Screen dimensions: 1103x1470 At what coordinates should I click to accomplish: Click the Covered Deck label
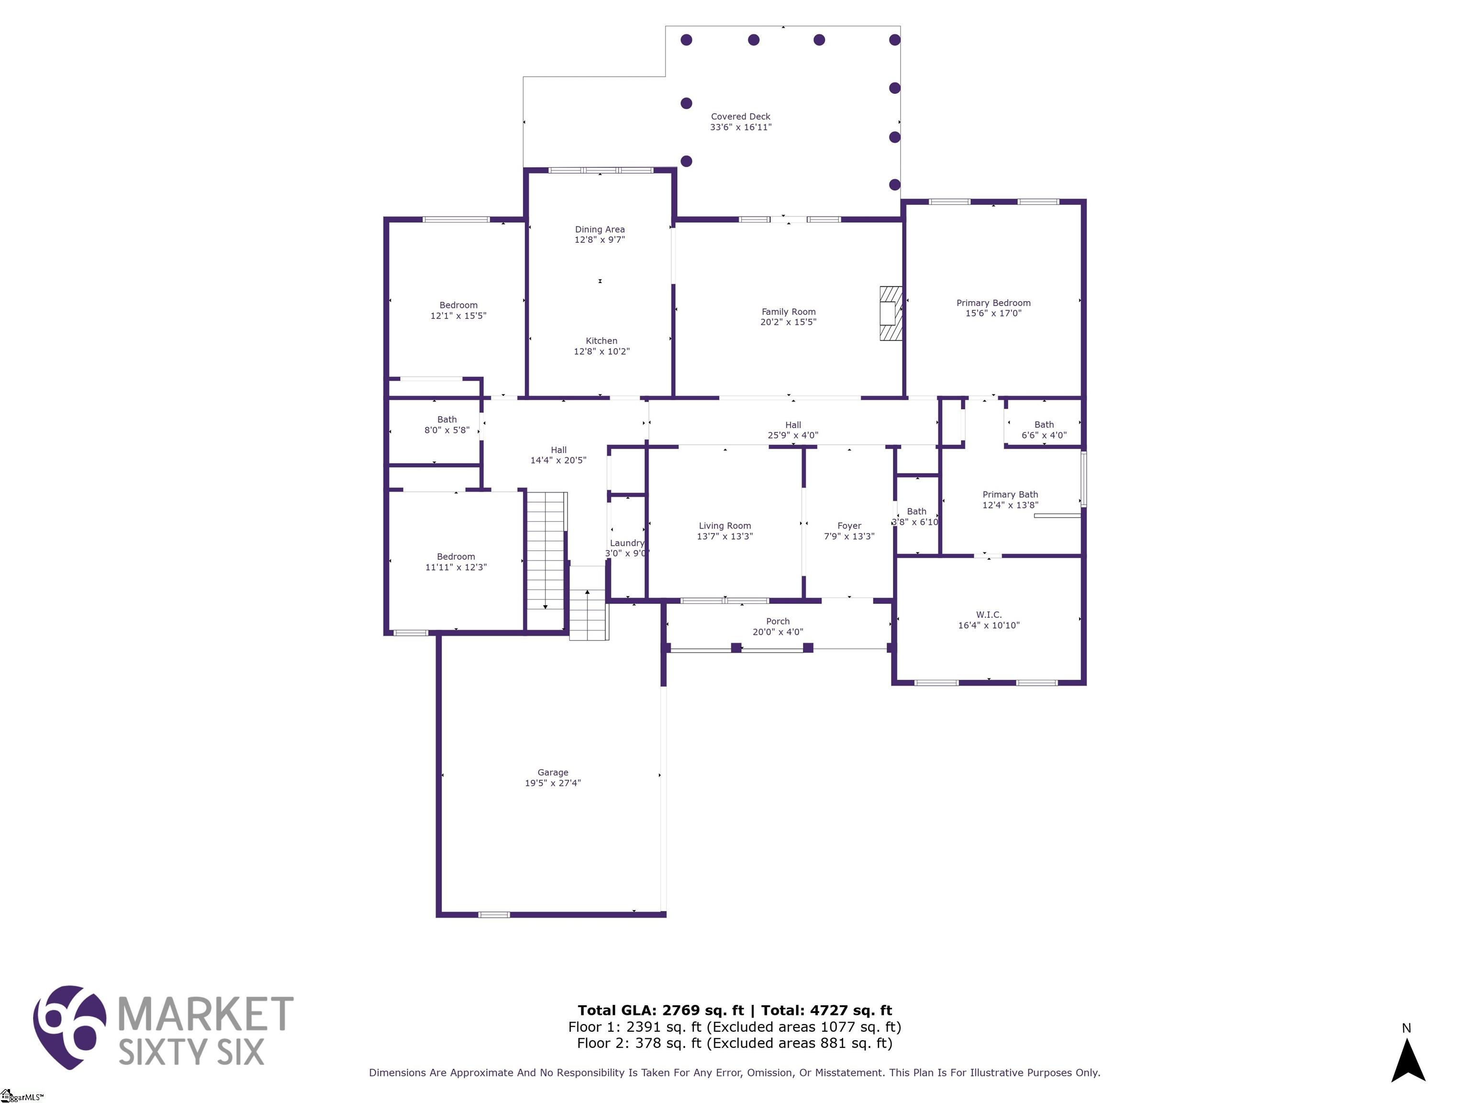(x=740, y=116)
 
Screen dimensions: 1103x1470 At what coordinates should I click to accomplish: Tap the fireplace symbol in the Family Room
(x=890, y=313)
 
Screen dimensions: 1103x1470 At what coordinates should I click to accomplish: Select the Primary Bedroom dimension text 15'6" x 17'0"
(x=993, y=313)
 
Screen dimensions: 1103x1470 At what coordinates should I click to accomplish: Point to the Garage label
(x=552, y=773)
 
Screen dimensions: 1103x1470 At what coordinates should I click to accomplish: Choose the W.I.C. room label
(x=988, y=615)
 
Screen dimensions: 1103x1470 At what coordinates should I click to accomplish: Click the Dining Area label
(x=600, y=229)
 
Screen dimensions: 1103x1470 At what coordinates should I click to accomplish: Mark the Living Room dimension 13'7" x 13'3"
(x=724, y=537)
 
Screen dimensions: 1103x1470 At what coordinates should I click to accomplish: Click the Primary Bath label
(x=1010, y=495)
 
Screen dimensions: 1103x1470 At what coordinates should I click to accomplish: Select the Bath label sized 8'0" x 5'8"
(x=446, y=419)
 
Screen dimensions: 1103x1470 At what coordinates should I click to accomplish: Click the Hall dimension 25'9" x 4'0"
(x=793, y=436)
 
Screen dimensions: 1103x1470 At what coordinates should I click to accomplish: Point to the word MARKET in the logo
(x=205, y=1014)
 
